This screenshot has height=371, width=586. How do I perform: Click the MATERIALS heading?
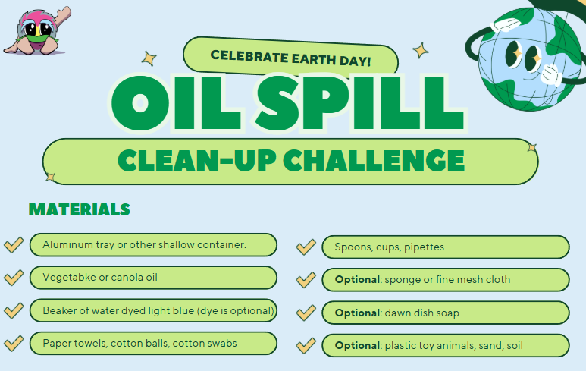(80, 209)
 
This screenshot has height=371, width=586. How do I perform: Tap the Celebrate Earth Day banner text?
(290, 58)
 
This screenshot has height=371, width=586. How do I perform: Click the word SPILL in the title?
(359, 104)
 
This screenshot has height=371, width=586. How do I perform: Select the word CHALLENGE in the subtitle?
(373, 160)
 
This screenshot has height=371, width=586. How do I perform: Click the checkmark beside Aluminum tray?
(14, 244)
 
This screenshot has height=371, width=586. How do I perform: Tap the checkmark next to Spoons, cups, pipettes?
(306, 247)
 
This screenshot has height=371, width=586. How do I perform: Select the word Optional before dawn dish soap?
(357, 313)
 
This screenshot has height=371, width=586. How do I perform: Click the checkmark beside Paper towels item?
(14, 343)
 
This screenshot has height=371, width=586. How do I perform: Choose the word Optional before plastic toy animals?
(357, 345)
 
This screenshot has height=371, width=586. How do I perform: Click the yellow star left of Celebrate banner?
(149, 58)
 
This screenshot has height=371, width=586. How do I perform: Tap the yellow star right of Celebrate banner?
(421, 51)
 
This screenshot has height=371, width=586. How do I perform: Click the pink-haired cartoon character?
(37, 32)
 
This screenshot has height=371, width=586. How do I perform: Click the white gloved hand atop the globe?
(505, 26)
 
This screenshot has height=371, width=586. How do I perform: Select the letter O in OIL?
(140, 104)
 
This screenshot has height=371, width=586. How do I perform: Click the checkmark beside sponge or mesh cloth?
(306, 280)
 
